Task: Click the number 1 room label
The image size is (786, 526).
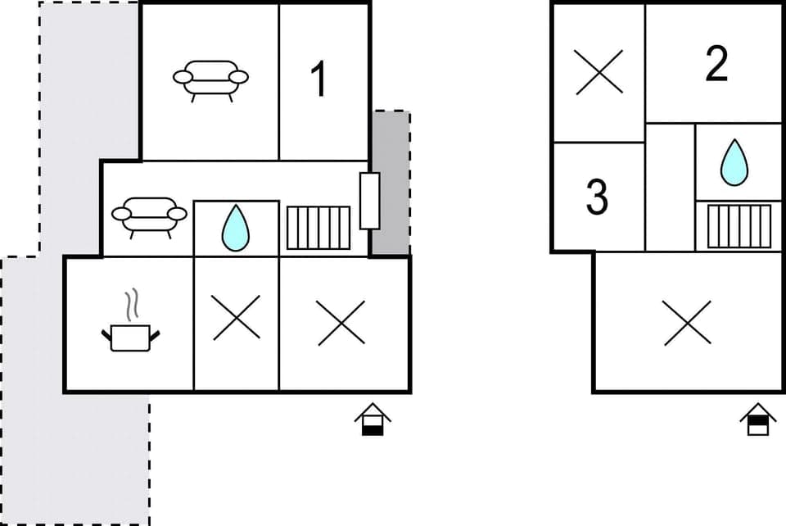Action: tap(319, 80)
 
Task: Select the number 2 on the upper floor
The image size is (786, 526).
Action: tap(716, 65)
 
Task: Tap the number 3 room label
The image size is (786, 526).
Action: tap(597, 197)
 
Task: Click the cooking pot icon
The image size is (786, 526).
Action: tap(131, 336)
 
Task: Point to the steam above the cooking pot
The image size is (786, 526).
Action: tap(131, 304)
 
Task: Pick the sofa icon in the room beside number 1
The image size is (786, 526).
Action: tap(210, 79)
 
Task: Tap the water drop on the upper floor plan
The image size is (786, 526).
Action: tap(734, 162)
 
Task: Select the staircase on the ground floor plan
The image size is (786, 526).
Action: tap(318, 228)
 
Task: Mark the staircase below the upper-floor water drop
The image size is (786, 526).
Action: tap(739, 226)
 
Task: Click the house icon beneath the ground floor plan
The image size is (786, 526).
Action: tap(373, 419)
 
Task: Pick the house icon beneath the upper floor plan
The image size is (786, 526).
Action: tap(758, 419)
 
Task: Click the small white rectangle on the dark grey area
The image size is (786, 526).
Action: tap(369, 201)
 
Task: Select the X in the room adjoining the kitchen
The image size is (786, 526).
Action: tap(236, 317)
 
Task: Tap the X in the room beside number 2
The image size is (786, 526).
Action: tap(599, 72)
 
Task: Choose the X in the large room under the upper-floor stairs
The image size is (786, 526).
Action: tap(686, 322)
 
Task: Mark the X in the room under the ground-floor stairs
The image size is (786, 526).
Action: tap(341, 321)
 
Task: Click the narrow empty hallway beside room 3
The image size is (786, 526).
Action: tap(670, 187)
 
